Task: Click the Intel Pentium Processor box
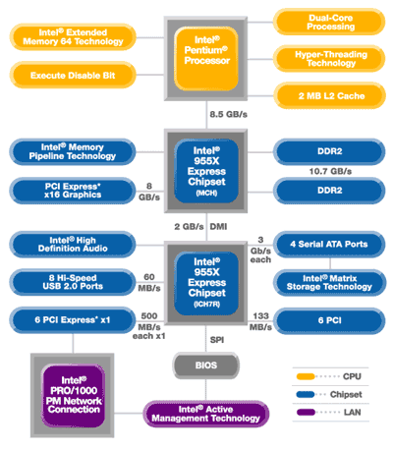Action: coord(205,59)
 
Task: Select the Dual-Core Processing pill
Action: coord(329,22)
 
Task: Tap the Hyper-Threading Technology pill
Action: coord(329,59)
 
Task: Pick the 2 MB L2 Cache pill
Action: coord(329,95)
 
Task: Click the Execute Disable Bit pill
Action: coord(73,75)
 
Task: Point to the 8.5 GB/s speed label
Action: coord(228,114)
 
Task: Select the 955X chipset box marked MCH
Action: coord(205,171)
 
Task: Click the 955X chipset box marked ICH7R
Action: coord(205,283)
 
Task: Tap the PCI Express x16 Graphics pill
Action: coord(73,191)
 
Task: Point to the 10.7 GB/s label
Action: coord(330,171)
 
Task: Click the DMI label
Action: coord(218,227)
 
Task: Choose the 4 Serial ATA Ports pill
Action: coord(329,244)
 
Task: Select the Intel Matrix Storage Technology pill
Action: coord(329,282)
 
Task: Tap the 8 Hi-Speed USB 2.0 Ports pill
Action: coord(73,282)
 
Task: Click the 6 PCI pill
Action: coord(329,320)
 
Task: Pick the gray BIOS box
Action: coord(205,366)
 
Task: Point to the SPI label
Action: coord(217,340)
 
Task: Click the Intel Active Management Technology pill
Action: coord(205,414)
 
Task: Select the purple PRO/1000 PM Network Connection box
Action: coord(73,395)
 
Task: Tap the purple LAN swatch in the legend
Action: coord(306,412)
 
